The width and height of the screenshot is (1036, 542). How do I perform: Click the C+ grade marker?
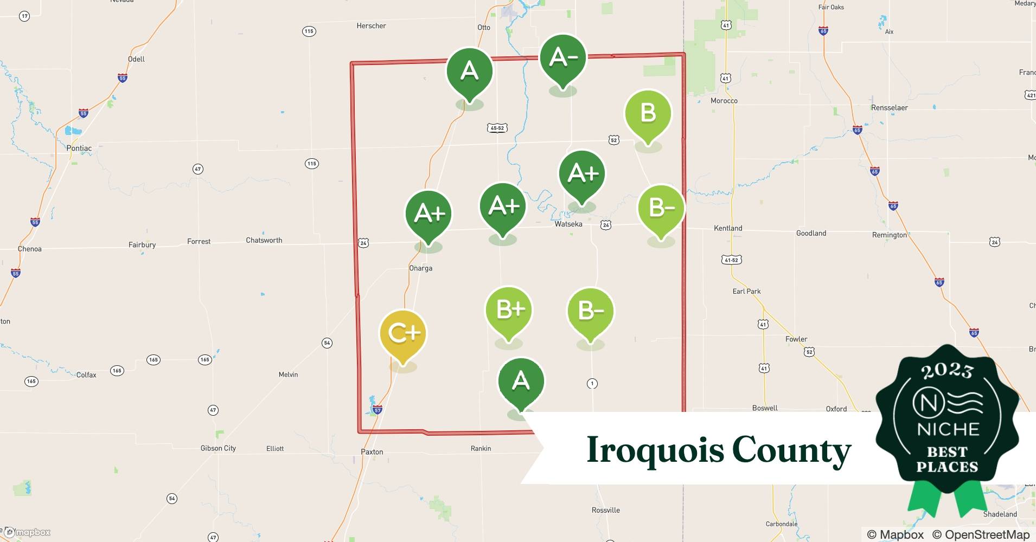pos(403,333)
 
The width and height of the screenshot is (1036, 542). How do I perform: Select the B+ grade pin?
pos(508,309)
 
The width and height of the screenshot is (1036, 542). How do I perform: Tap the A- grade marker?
pos(563,57)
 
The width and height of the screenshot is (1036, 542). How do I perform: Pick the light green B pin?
pos(648,113)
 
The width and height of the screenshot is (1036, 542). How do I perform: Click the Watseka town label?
pos(568,224)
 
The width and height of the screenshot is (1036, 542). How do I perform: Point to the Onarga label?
pos(421,268)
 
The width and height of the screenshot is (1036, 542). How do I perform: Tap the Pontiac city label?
pos(79,148)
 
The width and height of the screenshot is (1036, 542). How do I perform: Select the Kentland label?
pos(728,228)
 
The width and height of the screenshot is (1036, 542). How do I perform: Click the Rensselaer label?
pos(890,108)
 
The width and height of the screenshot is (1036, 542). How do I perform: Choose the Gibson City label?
pos(218,448)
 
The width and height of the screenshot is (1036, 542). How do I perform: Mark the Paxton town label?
pos(372,451)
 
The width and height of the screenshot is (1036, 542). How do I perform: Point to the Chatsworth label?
pos(264,240)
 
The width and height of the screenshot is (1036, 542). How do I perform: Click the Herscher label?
pos(372,26)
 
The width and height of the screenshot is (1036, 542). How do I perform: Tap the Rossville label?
pos(605,510)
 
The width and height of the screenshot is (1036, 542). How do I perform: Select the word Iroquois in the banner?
pos(654,450)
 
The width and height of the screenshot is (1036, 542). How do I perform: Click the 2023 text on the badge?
pos(947,371)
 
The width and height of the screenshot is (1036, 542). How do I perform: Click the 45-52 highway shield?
pos(497,128)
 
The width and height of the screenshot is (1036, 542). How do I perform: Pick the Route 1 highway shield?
pos(592,384)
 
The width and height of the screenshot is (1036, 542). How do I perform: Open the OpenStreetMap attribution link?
pos(987,534)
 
